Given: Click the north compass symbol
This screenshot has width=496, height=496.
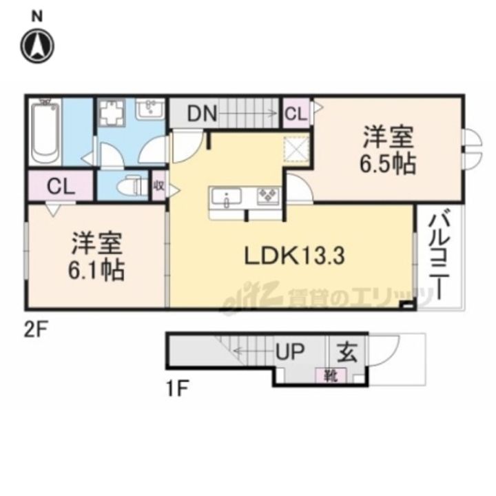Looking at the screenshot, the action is [x=37, y=46].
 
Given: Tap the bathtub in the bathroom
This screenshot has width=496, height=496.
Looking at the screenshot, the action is [x=45, y=132].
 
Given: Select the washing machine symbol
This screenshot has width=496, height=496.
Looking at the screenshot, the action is [x=112, y=113].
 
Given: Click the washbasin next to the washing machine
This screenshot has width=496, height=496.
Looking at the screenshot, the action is [x=151, y=109].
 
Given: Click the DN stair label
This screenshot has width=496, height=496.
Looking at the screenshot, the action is [x=202, y=114].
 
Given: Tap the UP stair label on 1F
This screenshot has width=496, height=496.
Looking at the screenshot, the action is [x=290, y=351].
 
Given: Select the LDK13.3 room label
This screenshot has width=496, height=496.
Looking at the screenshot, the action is [x=295, y=256].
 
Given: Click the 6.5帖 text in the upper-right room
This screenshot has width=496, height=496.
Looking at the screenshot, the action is [x=388, y=163].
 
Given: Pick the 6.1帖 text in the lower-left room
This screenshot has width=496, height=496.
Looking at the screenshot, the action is [x=96, y=271].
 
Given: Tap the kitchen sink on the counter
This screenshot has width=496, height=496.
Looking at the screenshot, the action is [x=226, y=198].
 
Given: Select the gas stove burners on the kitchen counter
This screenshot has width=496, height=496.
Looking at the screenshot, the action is [x=269, y=196].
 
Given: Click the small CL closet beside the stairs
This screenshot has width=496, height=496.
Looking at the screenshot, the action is [x=296, y=113].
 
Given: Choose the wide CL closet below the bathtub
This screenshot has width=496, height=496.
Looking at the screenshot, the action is [x=61, y=186].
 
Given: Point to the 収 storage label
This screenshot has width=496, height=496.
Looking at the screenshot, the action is [x=159, y=186].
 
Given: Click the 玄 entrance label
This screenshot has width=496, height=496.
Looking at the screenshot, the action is [x=347, y=352].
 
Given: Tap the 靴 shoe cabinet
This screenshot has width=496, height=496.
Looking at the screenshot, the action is [x=331, y=376].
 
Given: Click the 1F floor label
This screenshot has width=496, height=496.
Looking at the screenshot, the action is [x=178, y=389].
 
